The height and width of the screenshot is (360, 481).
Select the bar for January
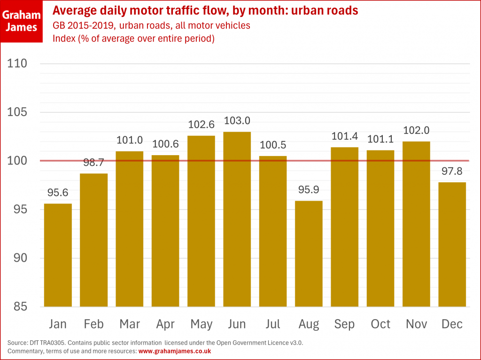tap(58, 255)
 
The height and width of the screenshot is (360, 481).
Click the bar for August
tap(309, 254)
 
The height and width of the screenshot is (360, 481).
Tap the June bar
tap(237, 219)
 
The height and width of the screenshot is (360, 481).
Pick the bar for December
tap(452, 244)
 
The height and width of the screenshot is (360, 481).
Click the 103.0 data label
tap(237, 121)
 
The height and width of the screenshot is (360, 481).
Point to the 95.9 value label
tap(309, 190)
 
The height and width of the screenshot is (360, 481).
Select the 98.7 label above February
tap(94, 163)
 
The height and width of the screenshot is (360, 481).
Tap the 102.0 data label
tap(416, 131)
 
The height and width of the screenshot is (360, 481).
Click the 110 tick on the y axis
tap(18, 63)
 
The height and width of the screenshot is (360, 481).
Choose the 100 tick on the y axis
tap(18, 161)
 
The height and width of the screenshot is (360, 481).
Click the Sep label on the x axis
tap(345, 324)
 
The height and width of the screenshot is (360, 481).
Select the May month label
tap(202, 324)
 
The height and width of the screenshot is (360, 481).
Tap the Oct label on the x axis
tap(380, 324)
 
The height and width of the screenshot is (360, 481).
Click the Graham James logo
tap(20, 21)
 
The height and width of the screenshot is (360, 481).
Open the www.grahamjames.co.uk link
tap(175, 351)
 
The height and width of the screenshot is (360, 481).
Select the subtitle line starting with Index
tap(133, 39)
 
